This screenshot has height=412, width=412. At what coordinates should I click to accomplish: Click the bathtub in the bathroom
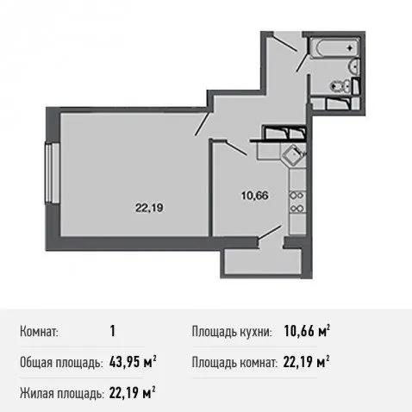[334, 48]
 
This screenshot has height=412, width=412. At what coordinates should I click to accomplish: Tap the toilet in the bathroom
[341, 85]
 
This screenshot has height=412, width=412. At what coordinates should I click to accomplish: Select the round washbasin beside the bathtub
[354, 66]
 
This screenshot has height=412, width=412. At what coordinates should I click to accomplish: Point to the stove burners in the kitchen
[297, 202]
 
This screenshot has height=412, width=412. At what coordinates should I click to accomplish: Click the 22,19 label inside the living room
[149, 208]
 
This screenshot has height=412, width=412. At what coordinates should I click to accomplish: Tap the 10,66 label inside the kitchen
[255, 196]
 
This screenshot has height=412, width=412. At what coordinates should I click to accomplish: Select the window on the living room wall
[52, 173]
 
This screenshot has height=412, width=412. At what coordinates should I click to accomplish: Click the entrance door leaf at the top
[284, 42]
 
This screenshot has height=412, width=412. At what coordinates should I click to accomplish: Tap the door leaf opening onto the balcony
[270, 232]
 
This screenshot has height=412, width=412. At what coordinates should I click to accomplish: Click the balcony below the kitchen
[263, 261]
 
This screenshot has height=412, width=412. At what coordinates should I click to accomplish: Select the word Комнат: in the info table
[39, 332]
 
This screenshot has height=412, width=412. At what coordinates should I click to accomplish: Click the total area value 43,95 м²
[133, 362]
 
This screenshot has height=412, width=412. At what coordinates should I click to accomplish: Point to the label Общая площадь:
[61, 363]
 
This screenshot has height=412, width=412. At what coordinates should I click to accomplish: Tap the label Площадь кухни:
[232, 332]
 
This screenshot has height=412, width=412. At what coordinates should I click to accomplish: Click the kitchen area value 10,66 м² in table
[307, 331]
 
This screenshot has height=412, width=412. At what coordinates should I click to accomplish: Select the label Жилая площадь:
[61, 393]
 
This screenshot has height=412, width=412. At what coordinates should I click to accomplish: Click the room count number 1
[113, 331]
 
